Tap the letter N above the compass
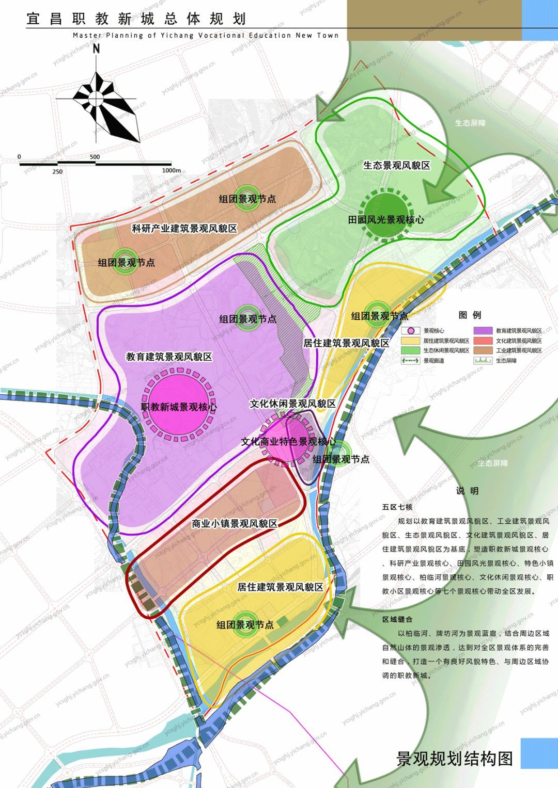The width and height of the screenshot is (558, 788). tap(96, 50)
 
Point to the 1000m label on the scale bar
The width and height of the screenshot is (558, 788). tap(171, 170)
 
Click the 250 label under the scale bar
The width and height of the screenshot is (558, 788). tap(57, 172)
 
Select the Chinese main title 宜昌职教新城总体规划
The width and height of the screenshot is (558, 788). tap(136, 19)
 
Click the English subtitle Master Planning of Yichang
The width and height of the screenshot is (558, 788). tap(206, 36)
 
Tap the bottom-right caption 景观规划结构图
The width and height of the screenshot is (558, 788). tap(454, 759)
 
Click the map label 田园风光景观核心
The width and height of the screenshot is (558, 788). tap(386, 219)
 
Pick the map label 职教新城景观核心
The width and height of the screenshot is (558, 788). tap(179, 407)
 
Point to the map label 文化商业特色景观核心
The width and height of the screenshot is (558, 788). tap(288, 442)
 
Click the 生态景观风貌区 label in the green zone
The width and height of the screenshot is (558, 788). tap(396, 166)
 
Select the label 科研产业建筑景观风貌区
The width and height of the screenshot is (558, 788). tap(184, 228)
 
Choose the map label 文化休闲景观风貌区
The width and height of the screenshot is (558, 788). tap(292, 404)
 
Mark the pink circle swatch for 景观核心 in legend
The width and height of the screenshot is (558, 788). tap(411, 331)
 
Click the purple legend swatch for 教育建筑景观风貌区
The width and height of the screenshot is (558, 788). tap(483, 331)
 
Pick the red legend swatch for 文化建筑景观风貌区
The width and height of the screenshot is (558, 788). tap(483, 341)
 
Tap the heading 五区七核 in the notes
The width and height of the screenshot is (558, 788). tap(397, 507)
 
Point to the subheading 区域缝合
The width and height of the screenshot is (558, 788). tap(397, 619)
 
